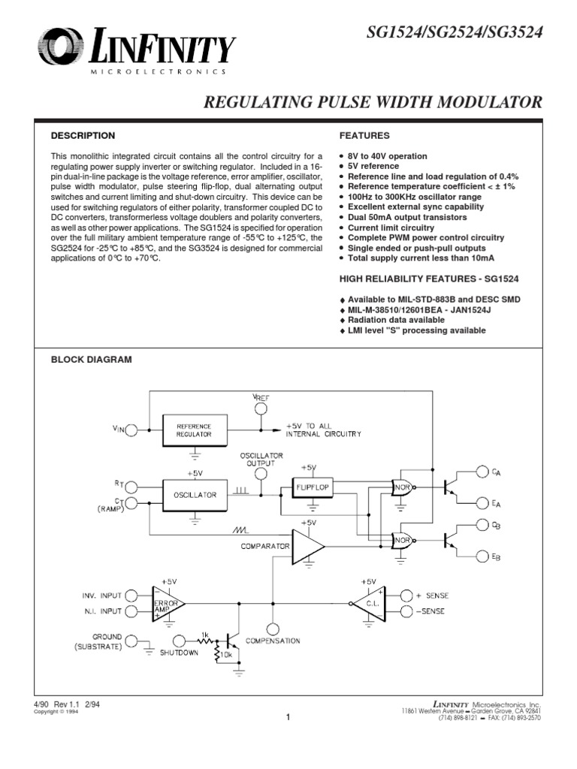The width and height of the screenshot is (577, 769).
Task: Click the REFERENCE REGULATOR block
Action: click(x=194, y=430)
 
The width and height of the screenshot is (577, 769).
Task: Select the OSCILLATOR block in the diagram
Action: click(x=194, y=495)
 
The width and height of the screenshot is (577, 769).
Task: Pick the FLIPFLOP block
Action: click(x=313, y=487)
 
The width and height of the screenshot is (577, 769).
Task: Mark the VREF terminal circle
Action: click(x=260, y=409)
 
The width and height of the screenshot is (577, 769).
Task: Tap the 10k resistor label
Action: click(x=224, y=656)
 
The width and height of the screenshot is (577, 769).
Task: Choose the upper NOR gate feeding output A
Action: click(x=403, y=486)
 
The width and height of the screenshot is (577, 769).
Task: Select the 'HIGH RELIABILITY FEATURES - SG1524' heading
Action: click(x=430, y=279)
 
